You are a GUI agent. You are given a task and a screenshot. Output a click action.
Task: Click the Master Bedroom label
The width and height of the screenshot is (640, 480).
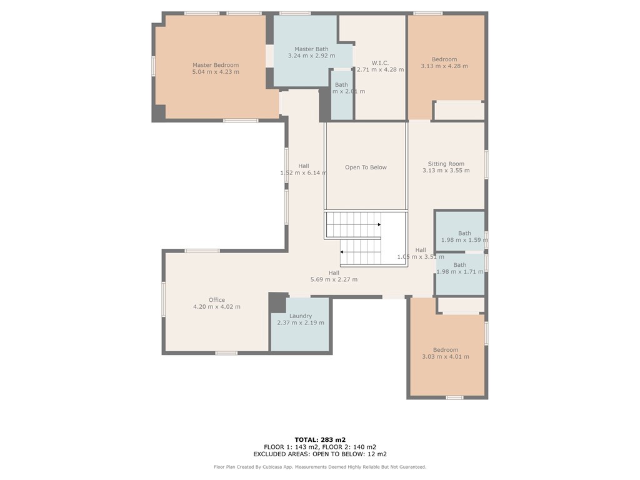216,65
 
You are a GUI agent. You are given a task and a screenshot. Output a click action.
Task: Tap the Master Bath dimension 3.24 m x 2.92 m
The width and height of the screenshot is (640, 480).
311,56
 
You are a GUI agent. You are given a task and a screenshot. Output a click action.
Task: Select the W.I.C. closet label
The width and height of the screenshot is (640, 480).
380,62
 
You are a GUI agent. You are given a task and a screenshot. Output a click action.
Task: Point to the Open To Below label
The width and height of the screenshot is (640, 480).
366,167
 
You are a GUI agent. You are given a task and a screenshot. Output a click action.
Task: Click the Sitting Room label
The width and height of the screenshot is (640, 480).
446,164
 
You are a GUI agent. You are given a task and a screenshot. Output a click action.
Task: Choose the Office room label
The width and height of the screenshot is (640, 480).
217,300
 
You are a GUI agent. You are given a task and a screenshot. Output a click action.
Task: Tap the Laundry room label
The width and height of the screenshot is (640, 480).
300,316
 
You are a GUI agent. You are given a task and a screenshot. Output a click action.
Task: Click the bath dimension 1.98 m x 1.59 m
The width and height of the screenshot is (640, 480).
464,241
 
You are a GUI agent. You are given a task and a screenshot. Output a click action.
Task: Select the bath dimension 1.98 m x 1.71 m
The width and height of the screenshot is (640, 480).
459,272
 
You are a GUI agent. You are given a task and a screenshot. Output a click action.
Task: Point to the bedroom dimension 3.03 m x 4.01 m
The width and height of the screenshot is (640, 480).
446,357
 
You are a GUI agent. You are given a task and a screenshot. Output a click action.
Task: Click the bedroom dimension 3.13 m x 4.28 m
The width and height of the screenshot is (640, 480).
444,66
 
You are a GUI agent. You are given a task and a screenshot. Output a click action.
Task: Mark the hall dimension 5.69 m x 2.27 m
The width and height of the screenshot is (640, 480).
334,279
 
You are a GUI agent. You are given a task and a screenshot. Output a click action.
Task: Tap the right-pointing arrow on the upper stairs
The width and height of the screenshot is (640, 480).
378,224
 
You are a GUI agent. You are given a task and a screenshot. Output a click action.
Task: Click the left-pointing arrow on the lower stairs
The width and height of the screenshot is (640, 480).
342,252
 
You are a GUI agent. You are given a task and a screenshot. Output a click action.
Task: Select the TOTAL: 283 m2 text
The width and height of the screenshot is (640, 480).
320,439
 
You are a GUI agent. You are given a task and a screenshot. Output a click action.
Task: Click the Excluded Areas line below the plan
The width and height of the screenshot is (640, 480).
320,454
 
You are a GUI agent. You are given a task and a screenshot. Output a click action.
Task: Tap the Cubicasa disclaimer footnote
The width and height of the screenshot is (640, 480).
320,467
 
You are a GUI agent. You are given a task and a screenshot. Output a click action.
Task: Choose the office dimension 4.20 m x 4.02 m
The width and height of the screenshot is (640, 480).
217,307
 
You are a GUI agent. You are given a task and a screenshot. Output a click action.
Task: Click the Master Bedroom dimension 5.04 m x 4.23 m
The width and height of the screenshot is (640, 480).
216,72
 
